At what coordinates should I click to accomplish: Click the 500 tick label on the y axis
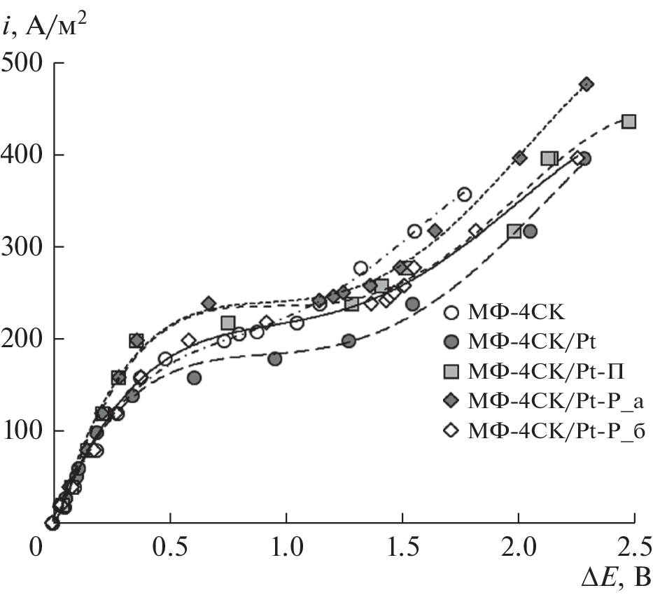[22, 63]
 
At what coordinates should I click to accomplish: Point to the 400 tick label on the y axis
[22, 155]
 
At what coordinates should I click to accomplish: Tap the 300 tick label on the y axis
[22, 246]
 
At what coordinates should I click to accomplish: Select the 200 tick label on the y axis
[22, 339]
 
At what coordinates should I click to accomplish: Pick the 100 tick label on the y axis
[22, 430]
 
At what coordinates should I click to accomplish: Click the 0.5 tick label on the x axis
[169, 545]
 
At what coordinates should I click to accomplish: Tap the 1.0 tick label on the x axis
[286, 545]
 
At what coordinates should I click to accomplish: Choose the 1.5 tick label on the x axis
[402, 545]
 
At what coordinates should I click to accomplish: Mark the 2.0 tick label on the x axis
[518, 545]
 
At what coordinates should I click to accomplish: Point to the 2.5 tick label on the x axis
[633, 545]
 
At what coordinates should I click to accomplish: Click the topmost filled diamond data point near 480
[587, 84]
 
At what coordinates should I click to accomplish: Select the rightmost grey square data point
[629, 122]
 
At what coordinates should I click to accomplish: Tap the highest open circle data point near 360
[464, 194]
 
